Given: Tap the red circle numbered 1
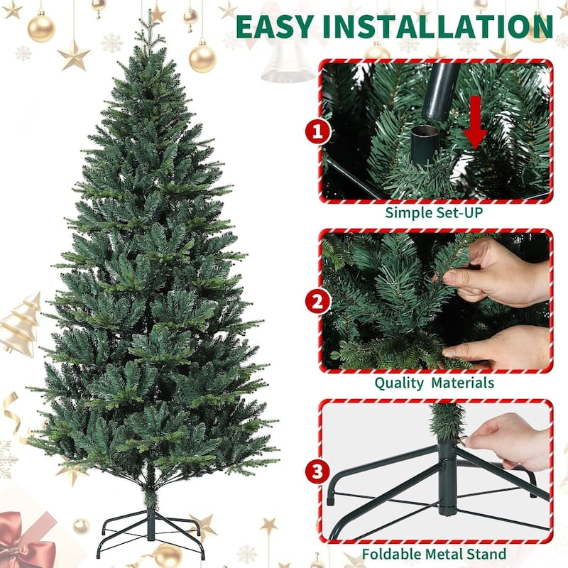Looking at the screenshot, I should point(318,131).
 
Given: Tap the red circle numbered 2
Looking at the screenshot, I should point(318,301).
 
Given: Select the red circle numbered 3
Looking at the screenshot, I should point(318,471).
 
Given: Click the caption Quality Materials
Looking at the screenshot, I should point(435,383).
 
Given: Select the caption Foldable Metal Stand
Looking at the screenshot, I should point(435,553).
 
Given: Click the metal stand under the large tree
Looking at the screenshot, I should point(151,529).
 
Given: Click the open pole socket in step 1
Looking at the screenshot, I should point(425,142).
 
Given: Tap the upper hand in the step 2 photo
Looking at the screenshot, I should point(497,273).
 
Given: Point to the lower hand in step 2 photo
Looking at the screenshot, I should point(501,348).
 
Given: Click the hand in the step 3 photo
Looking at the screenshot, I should point(508,440).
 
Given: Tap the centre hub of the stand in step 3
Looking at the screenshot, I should point(447,476).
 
